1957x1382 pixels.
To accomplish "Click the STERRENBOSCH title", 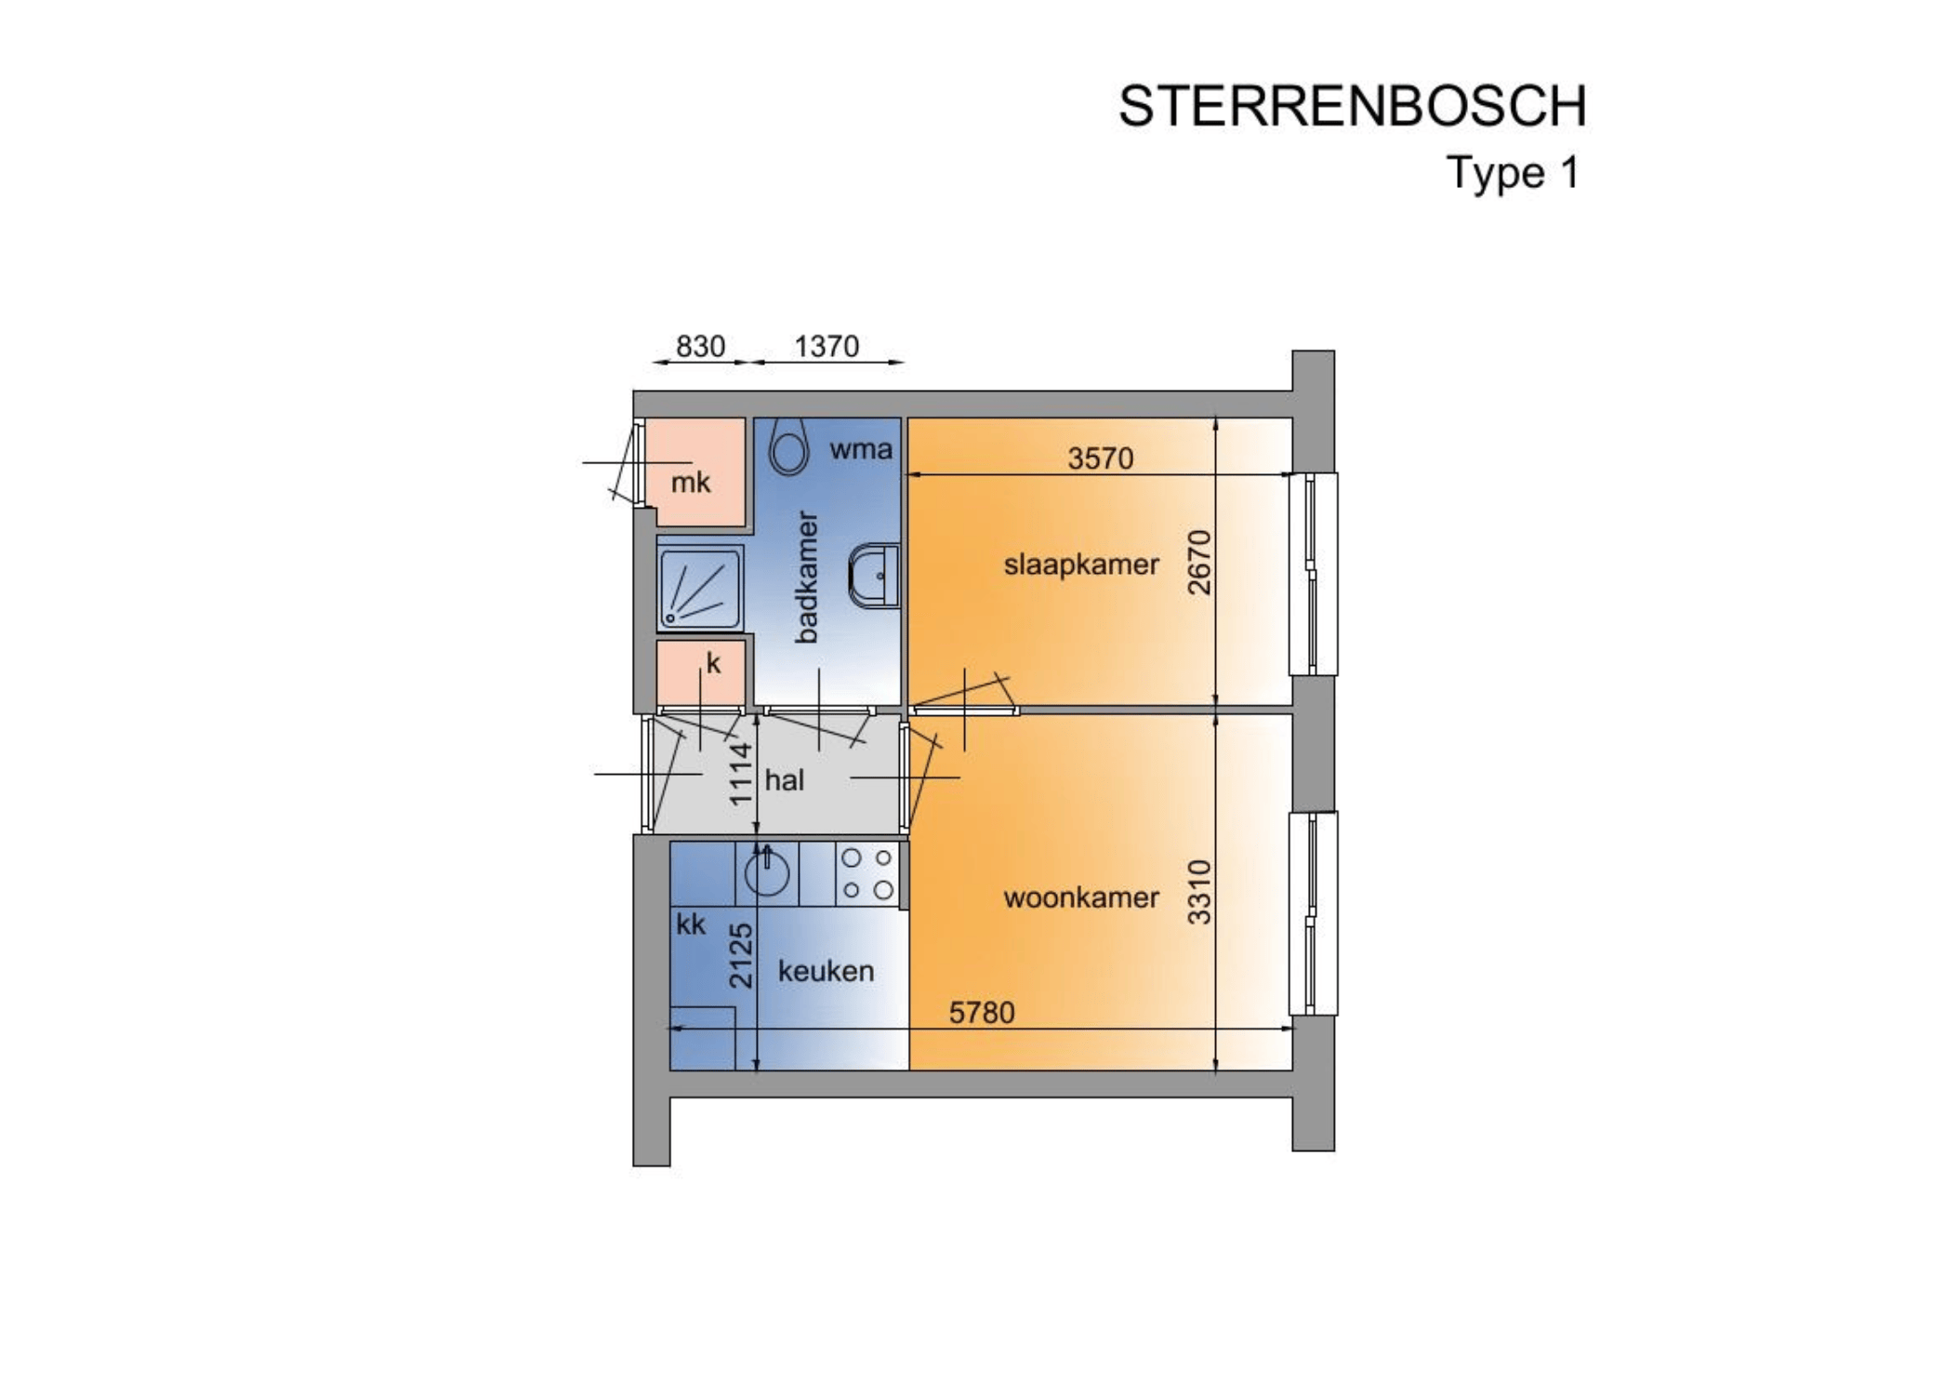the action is tap(1353, 106).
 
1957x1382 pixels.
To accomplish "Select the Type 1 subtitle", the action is tap(1513, 173).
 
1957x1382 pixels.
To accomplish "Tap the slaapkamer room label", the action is tap(1081, 565).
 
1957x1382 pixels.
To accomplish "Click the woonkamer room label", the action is tap(1081, 897).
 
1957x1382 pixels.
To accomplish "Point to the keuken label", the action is tap(826, 971).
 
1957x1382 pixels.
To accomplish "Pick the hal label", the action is tap(784, 779).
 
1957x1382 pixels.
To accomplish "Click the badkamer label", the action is tap(806, 577).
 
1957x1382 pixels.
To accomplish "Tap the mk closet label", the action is tap(691, 482).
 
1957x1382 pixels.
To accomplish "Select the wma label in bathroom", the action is tap(861, 449).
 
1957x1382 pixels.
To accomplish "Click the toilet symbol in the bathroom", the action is tap(788, 447).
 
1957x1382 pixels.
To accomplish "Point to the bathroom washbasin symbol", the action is tap(874, 576).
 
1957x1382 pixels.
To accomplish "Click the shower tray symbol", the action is tap(700, 589).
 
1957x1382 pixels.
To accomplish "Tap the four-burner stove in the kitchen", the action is tap(867, 873).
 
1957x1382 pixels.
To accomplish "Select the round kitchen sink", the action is tap(767, 873).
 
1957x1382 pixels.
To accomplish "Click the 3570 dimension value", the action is tap(1100, 458).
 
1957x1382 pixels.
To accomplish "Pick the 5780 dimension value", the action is tap(982, 1012).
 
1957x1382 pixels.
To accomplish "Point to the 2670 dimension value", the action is tap(1200, 563).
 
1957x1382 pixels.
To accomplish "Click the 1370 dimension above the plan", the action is tap(826, 346).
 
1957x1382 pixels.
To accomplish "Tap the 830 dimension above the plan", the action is tap(700, 346).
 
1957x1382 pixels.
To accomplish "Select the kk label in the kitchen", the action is tap(691, 924).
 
